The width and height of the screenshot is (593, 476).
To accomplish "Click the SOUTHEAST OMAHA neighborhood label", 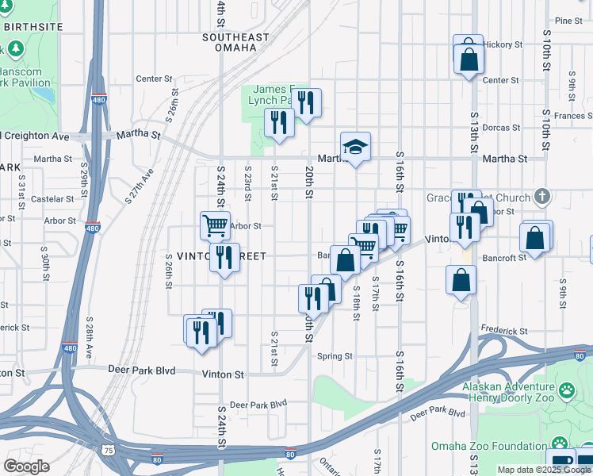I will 229,42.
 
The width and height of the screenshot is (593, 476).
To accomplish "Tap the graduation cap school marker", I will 355,147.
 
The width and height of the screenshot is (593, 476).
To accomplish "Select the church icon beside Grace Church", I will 542,195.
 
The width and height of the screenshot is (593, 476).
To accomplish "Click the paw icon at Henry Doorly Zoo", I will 566,390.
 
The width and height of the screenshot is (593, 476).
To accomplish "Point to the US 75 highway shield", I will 108,450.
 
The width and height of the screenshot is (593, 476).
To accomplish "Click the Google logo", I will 27,466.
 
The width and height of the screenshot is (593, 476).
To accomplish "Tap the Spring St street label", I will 335,356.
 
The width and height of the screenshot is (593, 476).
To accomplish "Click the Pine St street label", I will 568,21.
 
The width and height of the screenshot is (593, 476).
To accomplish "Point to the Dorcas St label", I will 500,127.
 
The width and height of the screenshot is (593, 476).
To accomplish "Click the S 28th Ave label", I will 90,332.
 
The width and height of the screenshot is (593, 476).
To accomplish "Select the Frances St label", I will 573,116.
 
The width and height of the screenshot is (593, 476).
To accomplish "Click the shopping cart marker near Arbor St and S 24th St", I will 215,225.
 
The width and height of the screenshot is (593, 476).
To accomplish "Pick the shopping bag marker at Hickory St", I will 469,57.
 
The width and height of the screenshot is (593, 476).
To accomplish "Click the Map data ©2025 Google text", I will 544,470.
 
